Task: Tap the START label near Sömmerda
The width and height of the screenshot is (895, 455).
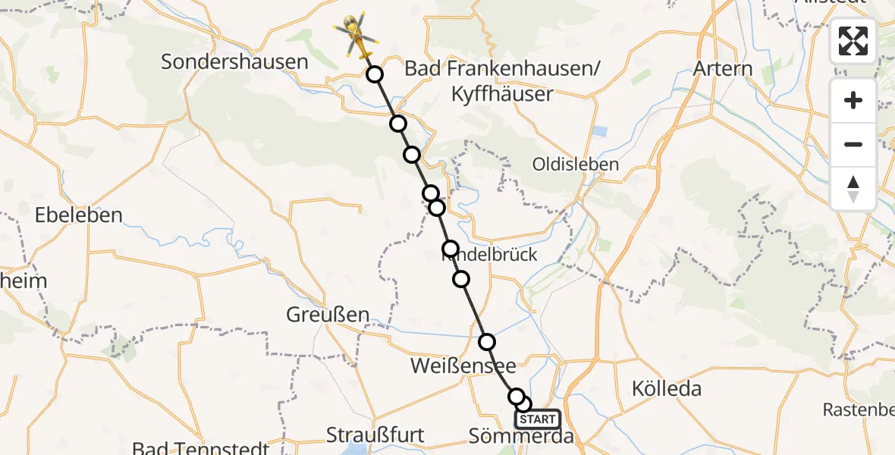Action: [x=538, y=419]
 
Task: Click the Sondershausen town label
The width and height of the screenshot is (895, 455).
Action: [x=234, y=62]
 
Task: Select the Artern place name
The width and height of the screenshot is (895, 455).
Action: [x=723, y=68]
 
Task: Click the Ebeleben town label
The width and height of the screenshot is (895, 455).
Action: [x=78, y=215]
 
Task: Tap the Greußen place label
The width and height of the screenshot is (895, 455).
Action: [x=328, y=314]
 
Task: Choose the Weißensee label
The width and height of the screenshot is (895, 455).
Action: [x=463, y=366]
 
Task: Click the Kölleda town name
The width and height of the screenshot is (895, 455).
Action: [x=666, y=389]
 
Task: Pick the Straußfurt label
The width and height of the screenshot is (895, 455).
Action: [x=375, y=435]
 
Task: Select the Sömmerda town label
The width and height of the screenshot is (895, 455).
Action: [x=521, y=437]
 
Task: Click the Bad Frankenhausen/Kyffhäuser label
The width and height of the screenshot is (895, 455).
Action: [x=502, y=81]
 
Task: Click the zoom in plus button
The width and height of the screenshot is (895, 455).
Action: [x=853, y=100]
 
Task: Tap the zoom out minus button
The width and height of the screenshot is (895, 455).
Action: [x=853, y=144]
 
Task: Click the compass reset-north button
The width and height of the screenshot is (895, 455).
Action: [x=853, y=188]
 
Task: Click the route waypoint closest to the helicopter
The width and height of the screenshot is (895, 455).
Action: [x=374, y=74]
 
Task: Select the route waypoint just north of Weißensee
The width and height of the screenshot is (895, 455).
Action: [x=487, y=341]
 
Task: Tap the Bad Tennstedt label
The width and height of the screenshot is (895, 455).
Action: [x=200, y=448]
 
